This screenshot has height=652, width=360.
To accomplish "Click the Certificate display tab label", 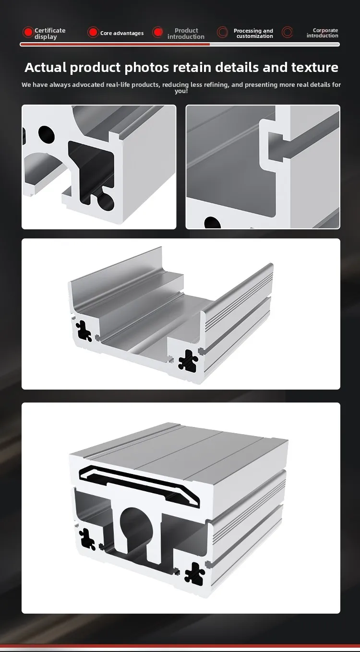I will click(49, 34).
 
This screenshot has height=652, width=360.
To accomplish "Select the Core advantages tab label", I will click(121, 33).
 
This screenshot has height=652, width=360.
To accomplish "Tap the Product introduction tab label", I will click(186, 34).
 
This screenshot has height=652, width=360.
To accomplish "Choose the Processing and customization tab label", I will click(253, 34).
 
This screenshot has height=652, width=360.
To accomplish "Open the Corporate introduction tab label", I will click(323, 33).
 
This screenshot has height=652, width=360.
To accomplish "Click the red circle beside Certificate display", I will click(28, 32).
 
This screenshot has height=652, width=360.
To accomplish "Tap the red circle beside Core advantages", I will click(93, 32).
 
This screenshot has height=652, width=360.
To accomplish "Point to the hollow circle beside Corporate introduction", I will click(287, 32).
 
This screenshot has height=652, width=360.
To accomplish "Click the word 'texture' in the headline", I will click(312, 67).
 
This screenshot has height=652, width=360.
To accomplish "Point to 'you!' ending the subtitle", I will click(181, 91).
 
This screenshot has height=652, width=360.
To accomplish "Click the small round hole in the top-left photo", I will click(46, 134).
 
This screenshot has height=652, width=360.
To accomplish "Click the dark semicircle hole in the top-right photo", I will click(213, 223).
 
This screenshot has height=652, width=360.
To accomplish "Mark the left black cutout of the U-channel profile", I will click(84, 331).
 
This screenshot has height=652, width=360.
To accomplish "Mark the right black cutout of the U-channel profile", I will click(188, 359).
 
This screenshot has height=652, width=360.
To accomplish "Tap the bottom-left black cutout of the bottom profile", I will click(87, 538).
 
